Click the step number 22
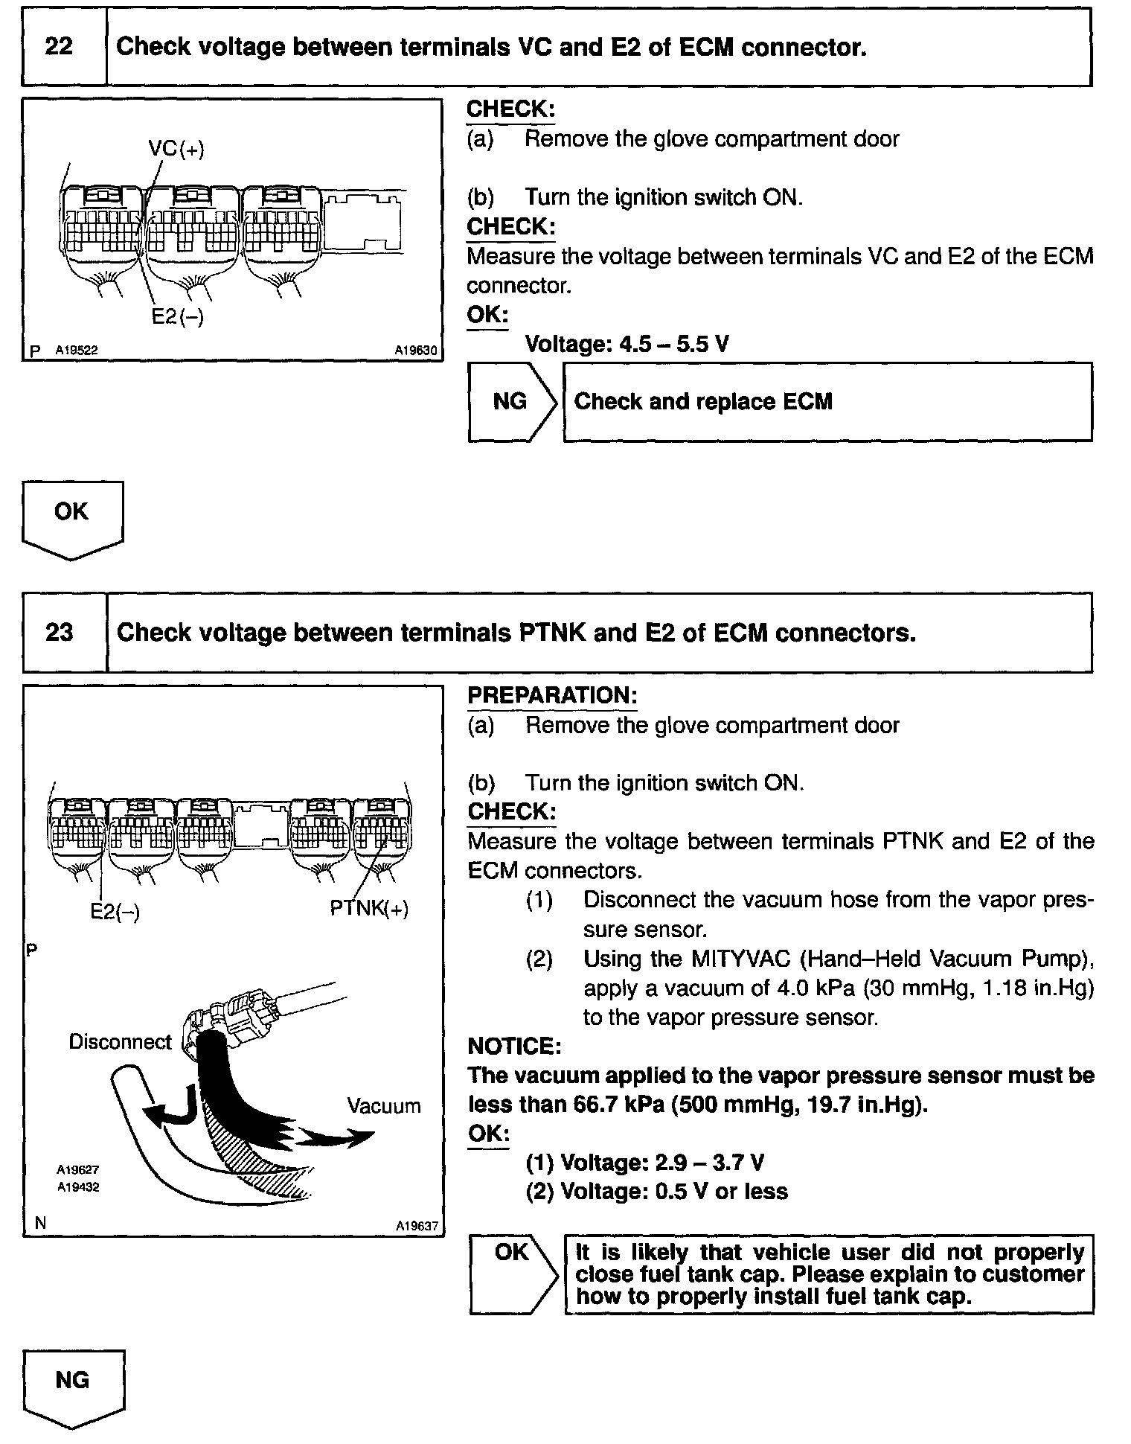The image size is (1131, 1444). click(x=60, y=47)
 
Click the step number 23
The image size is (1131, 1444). click(x=60, y=633)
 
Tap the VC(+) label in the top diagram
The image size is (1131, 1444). click(x=176, y=148)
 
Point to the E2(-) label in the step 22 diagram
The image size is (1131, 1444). click(x=177, y=316)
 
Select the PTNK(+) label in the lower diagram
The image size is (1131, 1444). click(x=369, y=909)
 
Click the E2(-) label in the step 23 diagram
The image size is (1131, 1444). click(x=115, y=911)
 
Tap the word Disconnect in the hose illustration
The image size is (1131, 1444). click(x=120, y=1042)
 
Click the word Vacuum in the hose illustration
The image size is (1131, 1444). click(x=383, y=1106)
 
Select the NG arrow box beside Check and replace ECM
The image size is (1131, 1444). click(x=511, y=402)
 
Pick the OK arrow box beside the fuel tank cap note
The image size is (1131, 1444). click(x=512, y=1274)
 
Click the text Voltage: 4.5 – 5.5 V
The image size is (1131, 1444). click(x=627, y=344)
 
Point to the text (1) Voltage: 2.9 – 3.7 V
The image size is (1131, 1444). click(x=644, y=1163)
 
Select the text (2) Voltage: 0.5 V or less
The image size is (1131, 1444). click(x=656, y=1192)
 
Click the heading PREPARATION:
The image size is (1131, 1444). click(x=552, y=695)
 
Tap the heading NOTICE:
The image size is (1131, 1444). click(x=514, y=1046)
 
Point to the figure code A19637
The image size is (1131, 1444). click(x=417, y=1226)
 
